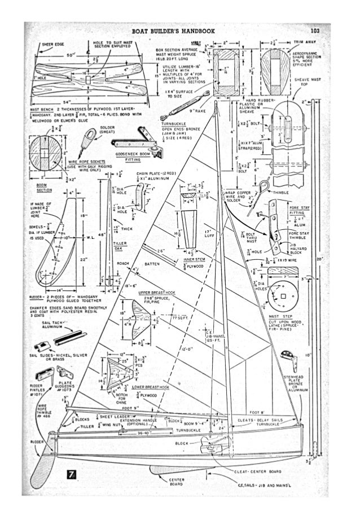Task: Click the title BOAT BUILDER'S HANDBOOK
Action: click(173, 32)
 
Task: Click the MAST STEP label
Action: click(279, 316)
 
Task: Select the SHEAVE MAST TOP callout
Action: click(306, 82)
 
